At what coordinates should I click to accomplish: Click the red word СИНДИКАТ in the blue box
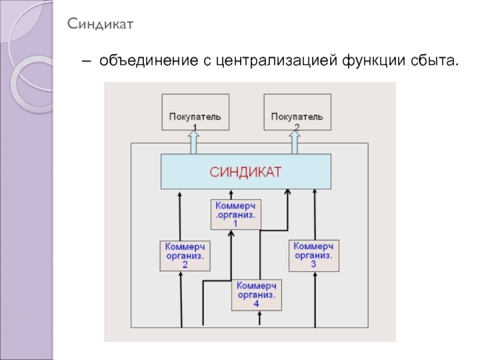click(245, 172)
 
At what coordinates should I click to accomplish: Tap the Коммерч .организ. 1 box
click(236, 214)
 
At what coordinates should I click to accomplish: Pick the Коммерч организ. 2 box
click(185, 256)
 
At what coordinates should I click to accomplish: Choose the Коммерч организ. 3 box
click(314, 255)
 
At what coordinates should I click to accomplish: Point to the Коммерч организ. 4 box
click(256, 295)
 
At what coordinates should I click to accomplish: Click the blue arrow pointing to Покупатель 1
click(194, 143)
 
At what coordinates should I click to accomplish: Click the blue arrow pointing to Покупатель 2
click(296, 143)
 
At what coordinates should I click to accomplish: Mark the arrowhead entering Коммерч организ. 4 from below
click(259, 314)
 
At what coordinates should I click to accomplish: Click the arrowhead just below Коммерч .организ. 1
click(231, 233)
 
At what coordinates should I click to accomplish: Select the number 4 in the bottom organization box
click(256, 304)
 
